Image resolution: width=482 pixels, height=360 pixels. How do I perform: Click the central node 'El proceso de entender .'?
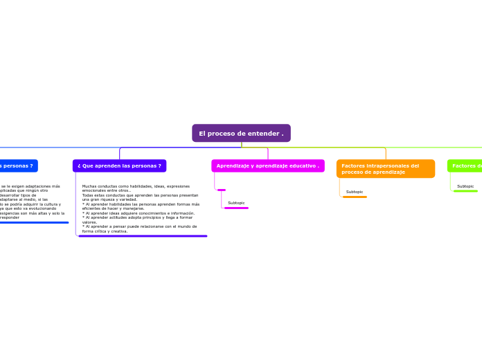coord(241,133)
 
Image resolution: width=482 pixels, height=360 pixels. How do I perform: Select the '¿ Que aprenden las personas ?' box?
coord(119,165)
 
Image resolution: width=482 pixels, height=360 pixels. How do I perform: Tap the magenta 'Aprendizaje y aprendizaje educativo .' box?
coord(267,165)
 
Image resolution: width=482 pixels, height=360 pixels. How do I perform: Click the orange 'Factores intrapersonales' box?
coord(385,168)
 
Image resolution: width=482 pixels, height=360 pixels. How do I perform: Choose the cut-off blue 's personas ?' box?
coord(18,165)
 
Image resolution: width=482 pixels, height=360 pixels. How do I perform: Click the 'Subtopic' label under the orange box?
coord(355,192)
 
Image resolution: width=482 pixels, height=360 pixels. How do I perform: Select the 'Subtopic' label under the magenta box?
coord(236,203)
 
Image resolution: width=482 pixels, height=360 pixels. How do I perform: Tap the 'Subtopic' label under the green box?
coord(465,186)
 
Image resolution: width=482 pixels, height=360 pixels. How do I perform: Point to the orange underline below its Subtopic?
coord(355,197)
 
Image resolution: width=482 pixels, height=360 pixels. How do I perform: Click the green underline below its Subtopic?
coord(465,191)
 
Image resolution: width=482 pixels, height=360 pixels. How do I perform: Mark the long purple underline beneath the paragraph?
coord(143,236)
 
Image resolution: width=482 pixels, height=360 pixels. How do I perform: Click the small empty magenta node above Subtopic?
coord(221,190)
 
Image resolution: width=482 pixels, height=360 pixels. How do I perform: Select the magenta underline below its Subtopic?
coord(236,208)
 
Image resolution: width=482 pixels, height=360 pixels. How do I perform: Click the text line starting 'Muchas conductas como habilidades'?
coord(136,186)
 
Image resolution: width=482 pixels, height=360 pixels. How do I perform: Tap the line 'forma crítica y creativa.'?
coord(105,231)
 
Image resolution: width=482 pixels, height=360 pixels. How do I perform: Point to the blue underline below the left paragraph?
coord(35,222)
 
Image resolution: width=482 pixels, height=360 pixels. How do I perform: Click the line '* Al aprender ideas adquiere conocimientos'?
coord(138,213)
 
